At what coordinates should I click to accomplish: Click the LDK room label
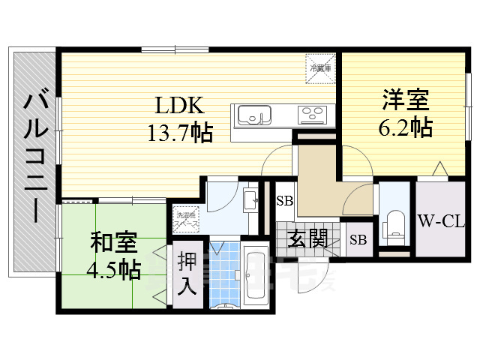[179, 105]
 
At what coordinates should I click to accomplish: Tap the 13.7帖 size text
[179, 133]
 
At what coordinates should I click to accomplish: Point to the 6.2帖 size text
[405, 127]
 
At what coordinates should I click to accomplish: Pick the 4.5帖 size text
[114, 268]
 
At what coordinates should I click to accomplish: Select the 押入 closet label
[187, 273]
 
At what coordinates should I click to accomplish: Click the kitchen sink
[255, 116]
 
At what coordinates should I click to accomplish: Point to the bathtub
[257, 277]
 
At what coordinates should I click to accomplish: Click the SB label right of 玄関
[358, 240]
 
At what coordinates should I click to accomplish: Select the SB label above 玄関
[284, 200]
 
